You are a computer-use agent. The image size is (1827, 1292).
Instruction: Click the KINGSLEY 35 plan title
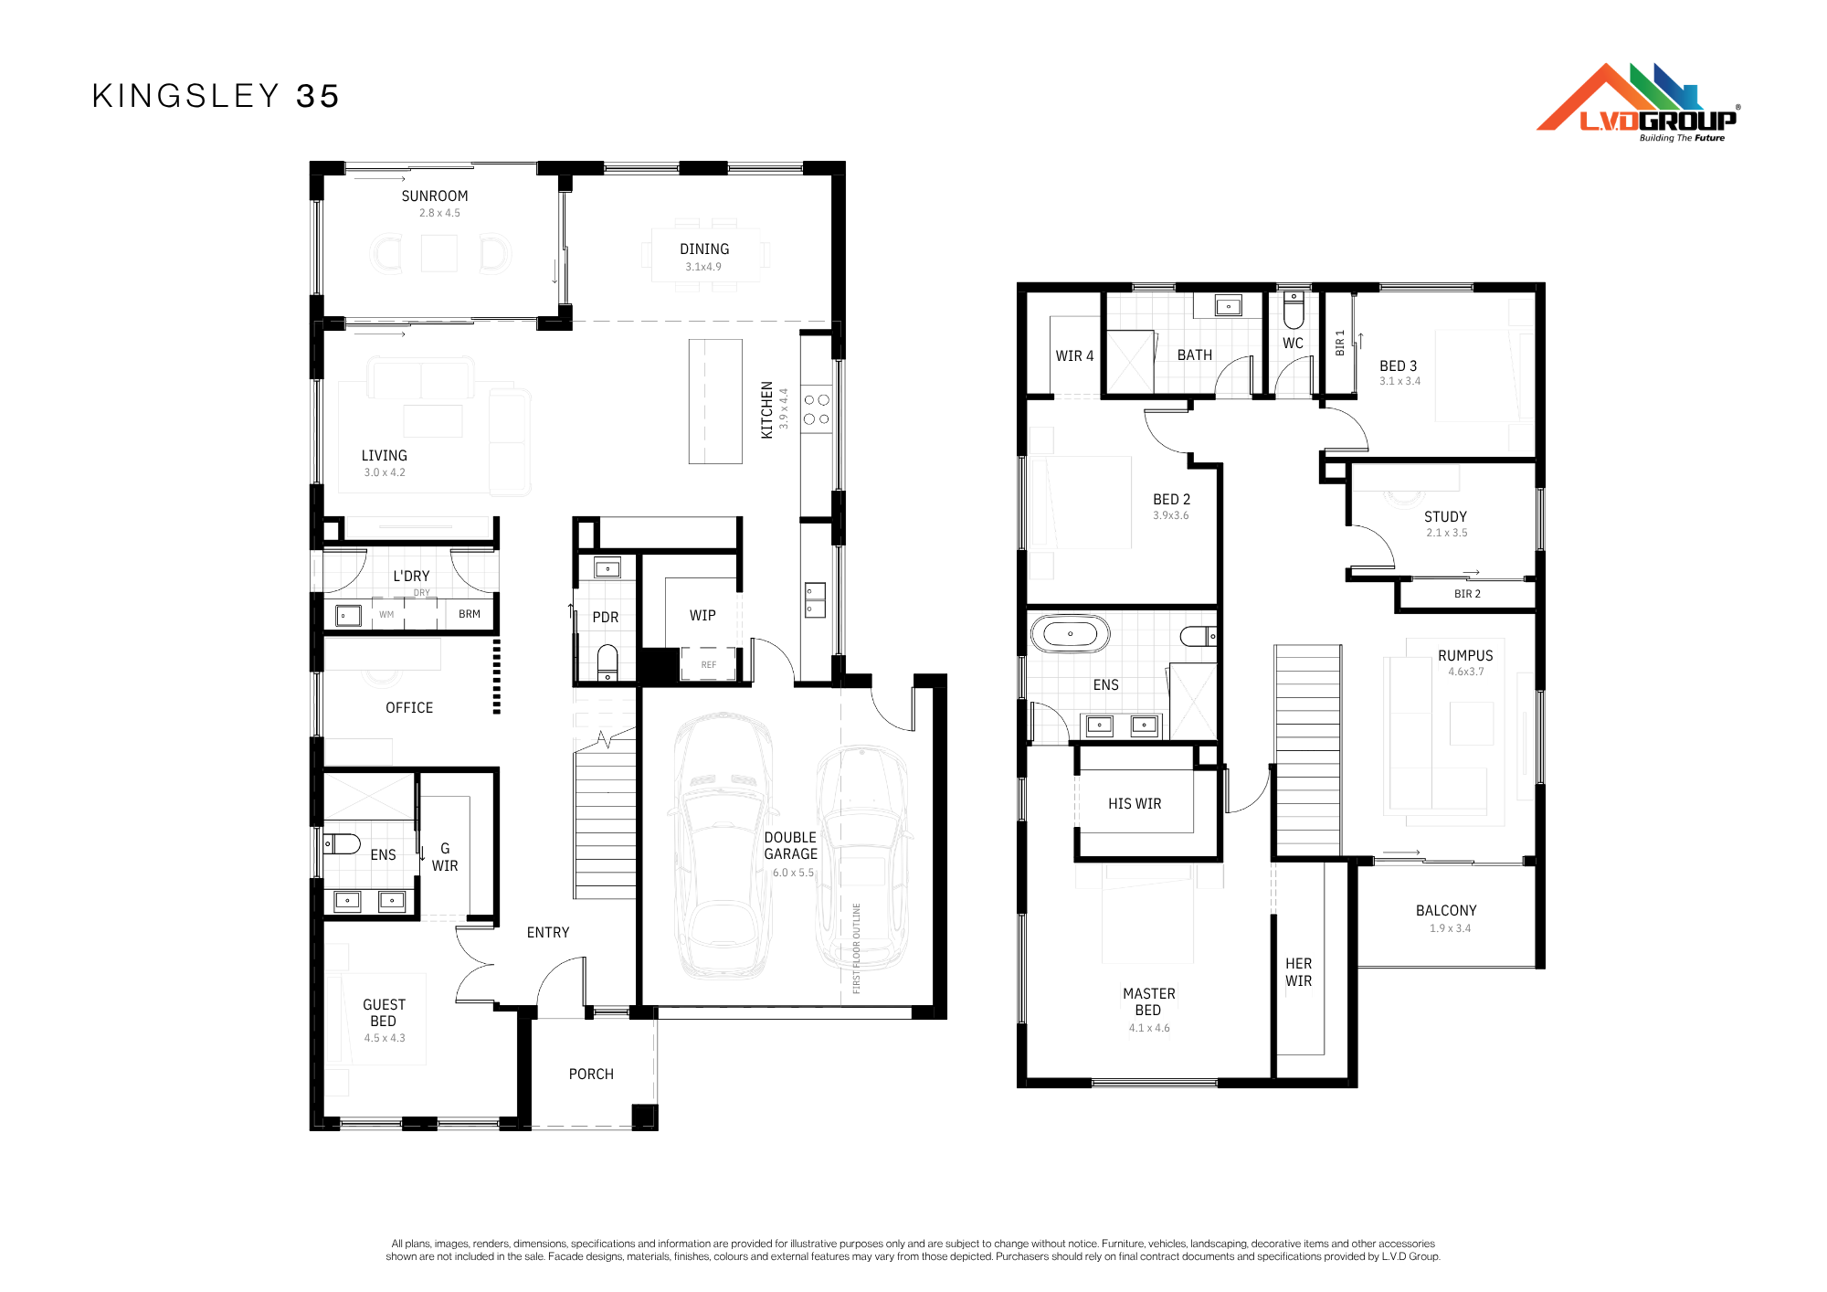216,96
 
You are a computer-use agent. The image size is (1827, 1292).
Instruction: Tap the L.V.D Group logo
1638,102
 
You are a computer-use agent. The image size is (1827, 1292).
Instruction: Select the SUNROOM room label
435,196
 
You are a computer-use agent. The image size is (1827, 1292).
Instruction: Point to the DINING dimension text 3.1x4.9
703,267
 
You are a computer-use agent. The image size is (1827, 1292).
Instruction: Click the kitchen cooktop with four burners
817,409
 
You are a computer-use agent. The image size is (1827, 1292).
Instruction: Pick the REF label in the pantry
709,665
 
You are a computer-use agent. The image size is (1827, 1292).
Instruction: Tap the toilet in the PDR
607,662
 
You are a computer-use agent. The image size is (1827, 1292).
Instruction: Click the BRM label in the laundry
470,614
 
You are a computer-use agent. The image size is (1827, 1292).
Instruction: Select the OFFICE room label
409,708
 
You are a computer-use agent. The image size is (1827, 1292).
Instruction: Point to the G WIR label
445,857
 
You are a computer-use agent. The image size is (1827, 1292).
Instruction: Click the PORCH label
591,1075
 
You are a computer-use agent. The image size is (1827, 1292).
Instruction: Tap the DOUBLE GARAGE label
791,846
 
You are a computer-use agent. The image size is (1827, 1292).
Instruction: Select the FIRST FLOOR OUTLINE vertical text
857,948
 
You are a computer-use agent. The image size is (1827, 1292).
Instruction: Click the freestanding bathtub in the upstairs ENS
1071,633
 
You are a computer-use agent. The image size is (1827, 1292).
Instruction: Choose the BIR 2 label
1467,594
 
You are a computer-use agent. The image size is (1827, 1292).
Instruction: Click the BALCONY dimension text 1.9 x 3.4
1450,928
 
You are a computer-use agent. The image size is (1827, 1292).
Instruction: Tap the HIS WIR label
1135,804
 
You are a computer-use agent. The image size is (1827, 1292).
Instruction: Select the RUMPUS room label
1465,656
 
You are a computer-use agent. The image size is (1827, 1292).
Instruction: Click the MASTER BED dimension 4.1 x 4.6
1149,1028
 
